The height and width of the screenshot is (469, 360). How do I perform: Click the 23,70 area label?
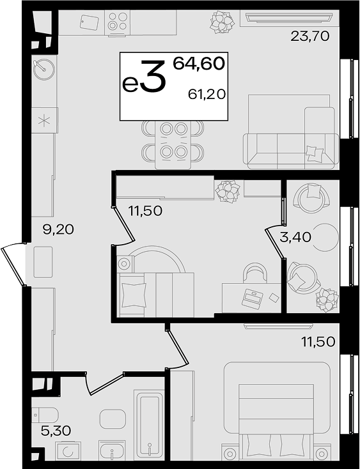click(x=310, y=36)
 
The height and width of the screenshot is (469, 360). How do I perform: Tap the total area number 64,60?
click(x=199, y=63)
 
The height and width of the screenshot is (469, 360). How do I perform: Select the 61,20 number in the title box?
click(x=207, y=95)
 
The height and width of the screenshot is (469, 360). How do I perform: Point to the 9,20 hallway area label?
click(x=58, y=230)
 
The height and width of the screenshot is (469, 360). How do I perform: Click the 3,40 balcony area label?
click(x=295, y=237)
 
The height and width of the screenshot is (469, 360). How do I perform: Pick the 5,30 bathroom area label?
click(x=56, y=431)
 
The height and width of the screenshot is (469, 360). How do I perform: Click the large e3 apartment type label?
click(x=144, y=77)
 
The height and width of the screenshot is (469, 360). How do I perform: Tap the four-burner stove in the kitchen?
click(x=117, y=22)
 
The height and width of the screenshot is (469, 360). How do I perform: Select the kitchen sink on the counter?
click(x=44, y=69)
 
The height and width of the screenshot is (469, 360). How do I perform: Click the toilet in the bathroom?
click(x=45, y=415)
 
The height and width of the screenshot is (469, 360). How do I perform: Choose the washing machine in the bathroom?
click(x=68, y=450)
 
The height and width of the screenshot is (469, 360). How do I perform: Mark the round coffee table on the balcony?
click(x=325, y=237)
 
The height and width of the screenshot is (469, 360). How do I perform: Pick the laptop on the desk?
click(x=253, y=298)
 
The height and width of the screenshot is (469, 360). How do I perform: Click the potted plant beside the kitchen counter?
click(x=222, y=22)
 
